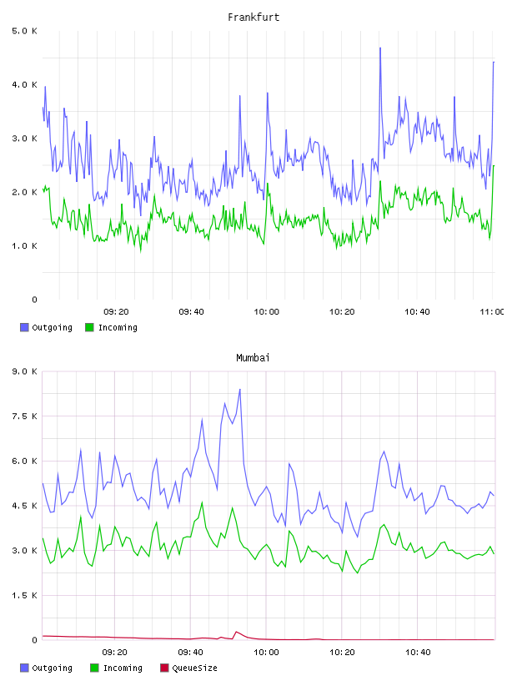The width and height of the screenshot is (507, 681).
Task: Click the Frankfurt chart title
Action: [x=254, y=18]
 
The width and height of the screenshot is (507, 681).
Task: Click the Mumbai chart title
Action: [x=253, y=358]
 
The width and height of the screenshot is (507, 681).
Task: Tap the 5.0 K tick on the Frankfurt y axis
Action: [x=24, y=31]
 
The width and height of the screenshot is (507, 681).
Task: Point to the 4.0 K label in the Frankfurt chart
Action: [x=24, y=84]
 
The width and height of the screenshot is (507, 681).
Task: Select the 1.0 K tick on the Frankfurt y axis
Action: [x=24, y=246]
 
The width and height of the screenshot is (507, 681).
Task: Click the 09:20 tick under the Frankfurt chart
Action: [x=116, y=311]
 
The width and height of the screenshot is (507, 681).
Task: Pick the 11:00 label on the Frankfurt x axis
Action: [x=492, y=311]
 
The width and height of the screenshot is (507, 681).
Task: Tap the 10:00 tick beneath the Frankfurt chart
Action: [x=267, y=311]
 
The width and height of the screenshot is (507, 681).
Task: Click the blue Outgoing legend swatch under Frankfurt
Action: [x=24, y=327]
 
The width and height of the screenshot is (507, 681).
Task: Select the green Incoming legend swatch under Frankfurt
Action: [x=89, y=327]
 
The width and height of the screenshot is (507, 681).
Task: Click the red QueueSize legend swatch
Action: [x=164, y=668]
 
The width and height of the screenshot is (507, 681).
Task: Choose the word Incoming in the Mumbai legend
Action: [x=123, y=668]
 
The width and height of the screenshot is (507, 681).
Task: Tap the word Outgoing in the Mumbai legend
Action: [x=52, y=668]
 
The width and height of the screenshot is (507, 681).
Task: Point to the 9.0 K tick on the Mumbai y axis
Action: [x=24, y=371]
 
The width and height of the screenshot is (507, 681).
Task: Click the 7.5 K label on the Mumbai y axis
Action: [x=24, y=416]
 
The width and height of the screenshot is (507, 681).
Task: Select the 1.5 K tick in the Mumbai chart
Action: [x=24, y=595]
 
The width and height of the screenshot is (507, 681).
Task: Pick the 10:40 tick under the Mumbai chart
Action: [x=418, y=652]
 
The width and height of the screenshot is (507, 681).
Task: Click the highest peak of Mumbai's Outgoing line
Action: [x=240, y=389]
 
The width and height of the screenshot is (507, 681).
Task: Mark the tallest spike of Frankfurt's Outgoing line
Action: [x=380, y=48]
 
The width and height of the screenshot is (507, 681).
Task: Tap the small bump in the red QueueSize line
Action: [x=236, y=632]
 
